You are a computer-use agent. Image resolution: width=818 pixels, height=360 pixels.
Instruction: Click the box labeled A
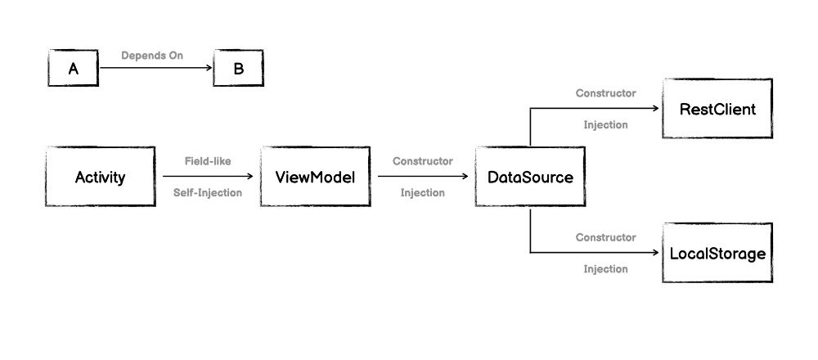[73, 69]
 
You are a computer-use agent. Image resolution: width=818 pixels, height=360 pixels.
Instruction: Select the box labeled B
[238, 69]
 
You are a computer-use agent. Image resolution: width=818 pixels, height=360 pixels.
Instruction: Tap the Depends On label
[152, 56]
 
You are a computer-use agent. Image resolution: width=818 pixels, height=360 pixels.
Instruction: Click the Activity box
[100, 177]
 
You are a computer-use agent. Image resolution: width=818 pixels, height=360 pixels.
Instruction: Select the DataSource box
[530, 177]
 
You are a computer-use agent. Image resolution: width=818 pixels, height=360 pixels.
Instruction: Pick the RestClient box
[717, 109]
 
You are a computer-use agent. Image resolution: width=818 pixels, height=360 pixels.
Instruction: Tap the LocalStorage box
[717, 254]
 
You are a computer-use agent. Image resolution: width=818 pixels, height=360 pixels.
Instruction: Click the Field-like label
[208, 161]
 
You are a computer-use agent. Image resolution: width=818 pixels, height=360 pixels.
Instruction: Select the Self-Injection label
[208, 193]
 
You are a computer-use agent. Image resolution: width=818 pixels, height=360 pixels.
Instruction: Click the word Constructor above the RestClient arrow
[605, 93]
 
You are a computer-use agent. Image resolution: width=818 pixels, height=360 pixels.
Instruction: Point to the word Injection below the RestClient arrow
[605, 125]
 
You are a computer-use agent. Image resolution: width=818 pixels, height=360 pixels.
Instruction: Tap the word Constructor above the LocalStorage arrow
[605, 237]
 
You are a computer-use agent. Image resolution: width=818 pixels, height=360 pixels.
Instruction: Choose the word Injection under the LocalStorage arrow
[605, 269]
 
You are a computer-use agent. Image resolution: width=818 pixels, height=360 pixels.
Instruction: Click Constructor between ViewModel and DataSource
[422, 161]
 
